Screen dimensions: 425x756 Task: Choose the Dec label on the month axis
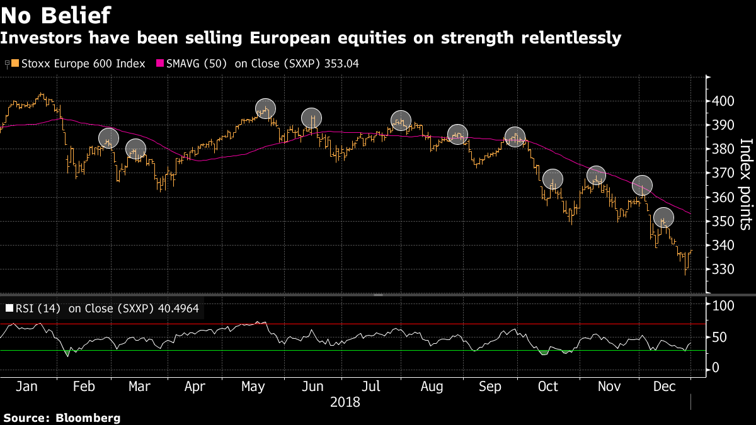(x=663, y=385)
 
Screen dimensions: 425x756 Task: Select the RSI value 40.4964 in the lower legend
(x=182, y=309)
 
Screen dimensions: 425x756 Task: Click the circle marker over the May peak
(x=266, y=109)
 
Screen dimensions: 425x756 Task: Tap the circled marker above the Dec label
(x=663, y=218)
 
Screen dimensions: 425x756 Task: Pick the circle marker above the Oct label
(x=553, y=179)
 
